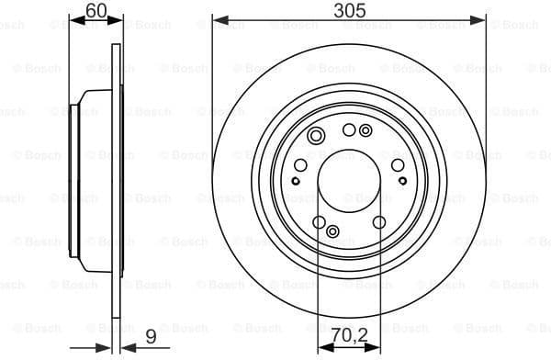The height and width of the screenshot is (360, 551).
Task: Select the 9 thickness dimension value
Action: [x=149, y=338]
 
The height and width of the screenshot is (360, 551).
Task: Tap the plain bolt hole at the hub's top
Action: [x=348, y=130]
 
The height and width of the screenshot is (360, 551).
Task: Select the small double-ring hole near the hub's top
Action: [x=365, y=131]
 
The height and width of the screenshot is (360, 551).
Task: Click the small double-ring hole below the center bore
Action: [x=332, y=231]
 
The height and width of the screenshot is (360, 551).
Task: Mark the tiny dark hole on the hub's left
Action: [x=297, y=180]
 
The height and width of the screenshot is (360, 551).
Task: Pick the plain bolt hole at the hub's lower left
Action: [x=318, y=221]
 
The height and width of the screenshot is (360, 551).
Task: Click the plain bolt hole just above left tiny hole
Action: [x=299, y=164]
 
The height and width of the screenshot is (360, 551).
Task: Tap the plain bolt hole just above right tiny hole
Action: [x=398, y=165]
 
